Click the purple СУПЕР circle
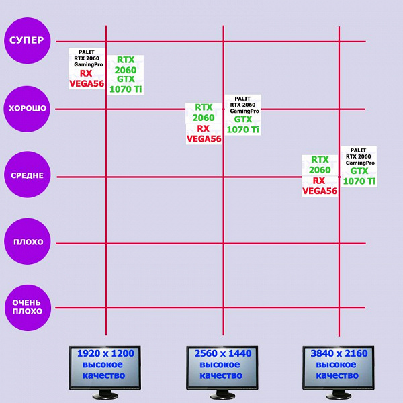pyautogui.click(x=26, y=40)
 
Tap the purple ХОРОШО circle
pyautogui.click(x=26, y=108)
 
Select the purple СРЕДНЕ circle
pyautogui.click(x=26, y=175)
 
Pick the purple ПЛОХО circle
pyautogui.click(x=26, y=242)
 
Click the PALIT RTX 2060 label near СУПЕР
pyautogui.click(x=87, y=58)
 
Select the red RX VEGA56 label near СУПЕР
pyautogui.click(x=87, y=78)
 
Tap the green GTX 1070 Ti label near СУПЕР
pyautogui.click(x=126, y=84)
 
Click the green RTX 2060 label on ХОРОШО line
pyautogui.click(x=204, y=113)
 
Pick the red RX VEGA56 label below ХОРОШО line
pyautogui.click(x=204, y=134)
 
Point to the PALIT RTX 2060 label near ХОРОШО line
pyautogui.click(x=243, y=105)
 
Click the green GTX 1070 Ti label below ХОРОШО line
pyautogui.click(x=243, y=124)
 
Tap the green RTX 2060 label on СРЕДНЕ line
pyautogui.click(x=320, y=165)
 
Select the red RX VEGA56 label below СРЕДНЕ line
pyautogui.click(x=320, y=186)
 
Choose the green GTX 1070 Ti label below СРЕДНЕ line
pyautogui.click(x=359, y=176)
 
